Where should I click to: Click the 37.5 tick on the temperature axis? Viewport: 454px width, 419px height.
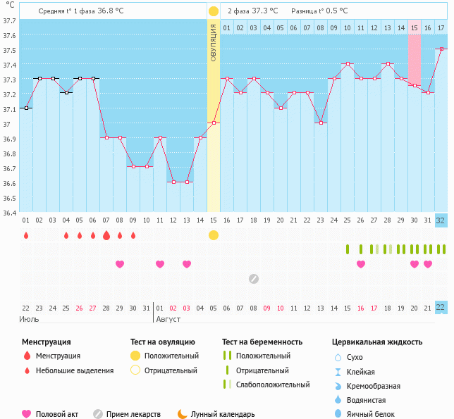8,51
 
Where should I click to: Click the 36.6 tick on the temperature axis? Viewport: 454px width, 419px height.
8,183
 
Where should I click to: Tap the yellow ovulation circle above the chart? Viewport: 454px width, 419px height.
213,11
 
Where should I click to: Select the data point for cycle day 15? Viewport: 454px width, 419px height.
213,123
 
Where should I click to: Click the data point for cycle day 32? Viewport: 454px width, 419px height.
441,49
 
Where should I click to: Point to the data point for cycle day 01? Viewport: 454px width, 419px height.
26,108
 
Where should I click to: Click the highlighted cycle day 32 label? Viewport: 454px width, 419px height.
441,220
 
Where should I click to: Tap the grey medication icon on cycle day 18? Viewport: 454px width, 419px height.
253,279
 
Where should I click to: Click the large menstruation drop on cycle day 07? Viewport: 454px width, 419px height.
106,235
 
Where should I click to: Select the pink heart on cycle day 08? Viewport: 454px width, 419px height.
120,264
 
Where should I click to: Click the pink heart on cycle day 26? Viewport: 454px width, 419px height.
360,264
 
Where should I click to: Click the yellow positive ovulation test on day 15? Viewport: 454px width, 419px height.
213,235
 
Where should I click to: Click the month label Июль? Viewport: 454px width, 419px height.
28,319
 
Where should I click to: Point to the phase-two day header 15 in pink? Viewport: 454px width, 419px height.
414,27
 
